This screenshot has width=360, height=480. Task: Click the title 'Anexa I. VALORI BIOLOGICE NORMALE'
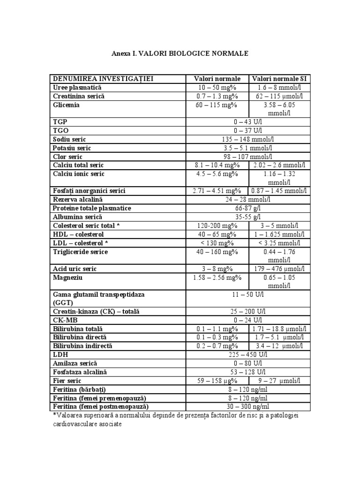(180, 54)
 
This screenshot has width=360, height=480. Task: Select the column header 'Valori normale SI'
(280, 79)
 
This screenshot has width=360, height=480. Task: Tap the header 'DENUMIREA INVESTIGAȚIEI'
(104, 79)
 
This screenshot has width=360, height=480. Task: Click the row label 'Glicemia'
(66, 105)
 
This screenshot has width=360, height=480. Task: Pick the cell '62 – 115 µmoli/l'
(280, 96)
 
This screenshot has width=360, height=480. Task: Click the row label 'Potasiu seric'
(72, 148)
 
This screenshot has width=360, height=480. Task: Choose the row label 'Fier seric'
(67, 381)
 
